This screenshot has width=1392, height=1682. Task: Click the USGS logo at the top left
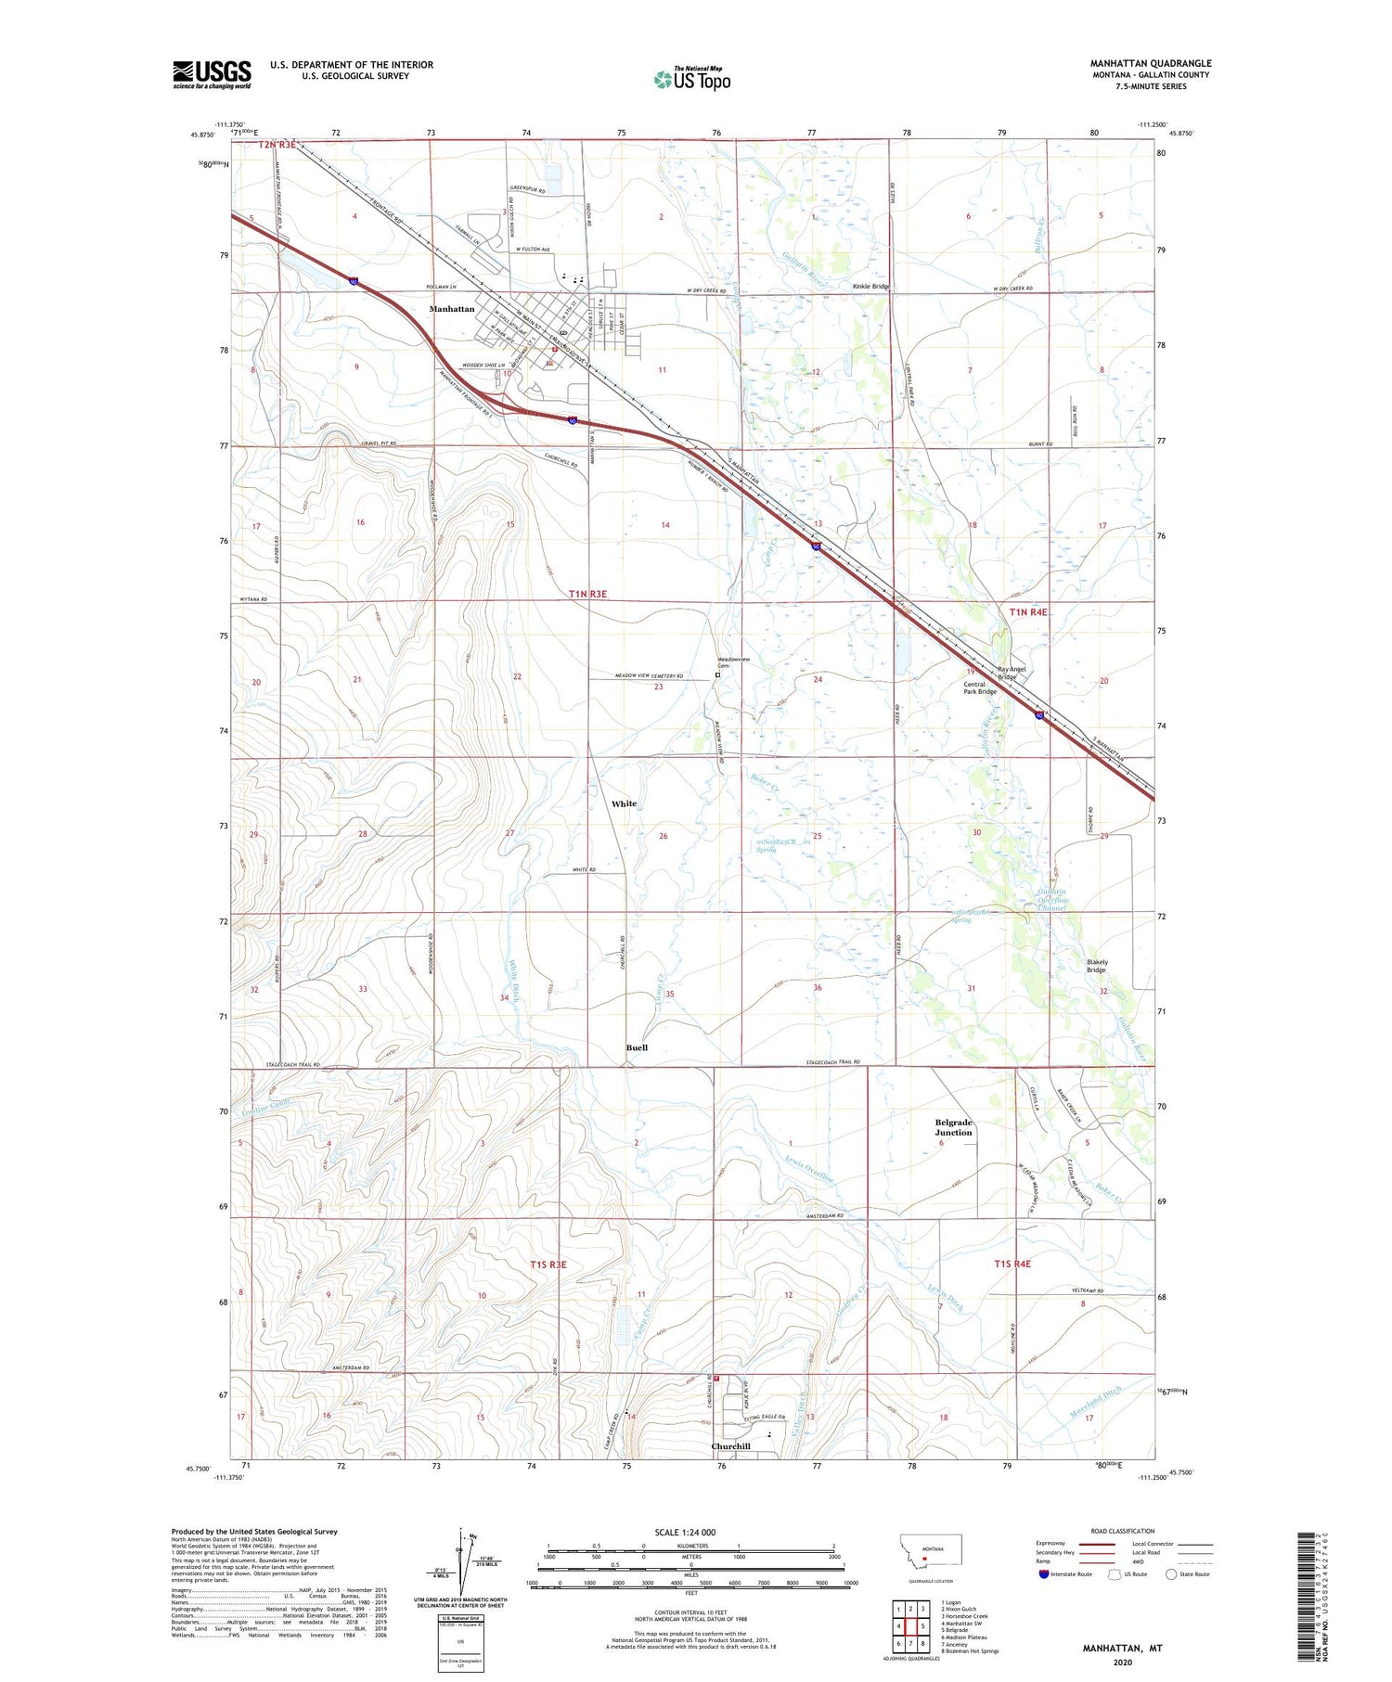tap(212, 74)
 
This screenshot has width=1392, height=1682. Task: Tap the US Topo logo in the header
tap(692, 79)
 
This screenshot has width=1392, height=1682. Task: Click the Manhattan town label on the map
tap(451, 309)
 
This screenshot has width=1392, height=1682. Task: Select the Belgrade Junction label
tap(953, 1127)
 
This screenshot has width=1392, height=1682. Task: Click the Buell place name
tap(637, 1047)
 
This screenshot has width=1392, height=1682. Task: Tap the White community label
tap(624, 803)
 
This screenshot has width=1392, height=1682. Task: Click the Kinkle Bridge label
tap(871, 287)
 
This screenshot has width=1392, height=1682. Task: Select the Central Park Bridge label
tap(980, 687)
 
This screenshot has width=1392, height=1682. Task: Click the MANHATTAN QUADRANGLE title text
tap(1151, 63)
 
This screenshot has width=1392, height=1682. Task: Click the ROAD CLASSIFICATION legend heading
tap(1123, 1531)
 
